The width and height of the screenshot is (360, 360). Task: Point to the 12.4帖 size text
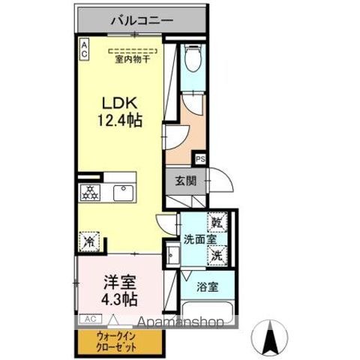coord(119,119)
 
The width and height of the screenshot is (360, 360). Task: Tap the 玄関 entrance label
coord(187,181)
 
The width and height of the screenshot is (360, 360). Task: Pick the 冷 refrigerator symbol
coord(88,241)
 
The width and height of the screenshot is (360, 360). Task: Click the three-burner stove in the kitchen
coord(91,192)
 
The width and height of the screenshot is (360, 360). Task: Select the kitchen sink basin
coord(122,192)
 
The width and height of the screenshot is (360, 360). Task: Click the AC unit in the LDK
coord(85,49)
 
